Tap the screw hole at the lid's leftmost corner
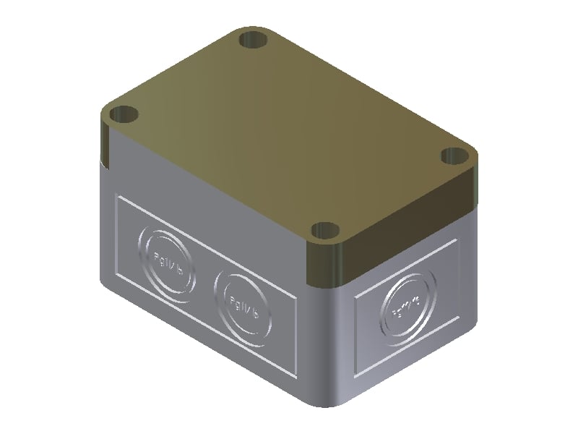tap(124, 114)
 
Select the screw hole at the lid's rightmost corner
tap(454, 156)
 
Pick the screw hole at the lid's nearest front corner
tap(326, 231)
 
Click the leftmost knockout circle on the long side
tap(167, 263)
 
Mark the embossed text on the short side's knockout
tap(407, 308)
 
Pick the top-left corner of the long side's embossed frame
tap(118, 197)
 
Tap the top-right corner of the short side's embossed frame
tap(456, 241)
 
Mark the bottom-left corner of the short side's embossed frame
tap(355, 375)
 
